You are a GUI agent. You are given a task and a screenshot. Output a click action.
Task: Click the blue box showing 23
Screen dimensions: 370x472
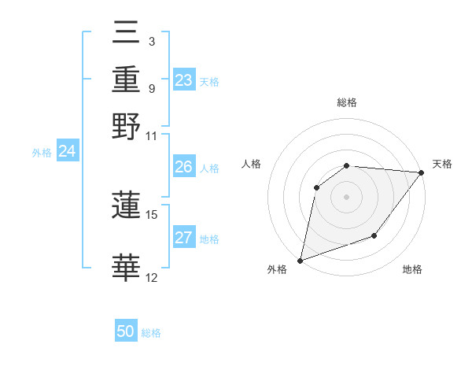[183, 80]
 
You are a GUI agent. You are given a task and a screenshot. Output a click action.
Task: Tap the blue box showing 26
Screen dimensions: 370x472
[183, 167]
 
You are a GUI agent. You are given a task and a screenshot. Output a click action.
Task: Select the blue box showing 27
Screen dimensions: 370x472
[183, 238]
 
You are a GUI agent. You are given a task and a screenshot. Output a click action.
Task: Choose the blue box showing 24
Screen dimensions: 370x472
[67, 151]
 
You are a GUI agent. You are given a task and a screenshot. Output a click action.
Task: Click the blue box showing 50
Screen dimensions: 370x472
[126, 331]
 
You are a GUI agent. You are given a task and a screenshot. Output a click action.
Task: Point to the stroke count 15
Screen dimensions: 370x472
[152, 214]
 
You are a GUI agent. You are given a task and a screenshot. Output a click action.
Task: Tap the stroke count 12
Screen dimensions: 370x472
[152, 277]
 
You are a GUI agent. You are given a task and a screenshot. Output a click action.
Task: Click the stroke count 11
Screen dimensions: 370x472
[152, 135]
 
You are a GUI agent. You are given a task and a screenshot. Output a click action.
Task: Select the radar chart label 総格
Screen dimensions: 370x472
[347, 102]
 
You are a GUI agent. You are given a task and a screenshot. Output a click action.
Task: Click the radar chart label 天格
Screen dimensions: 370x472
[442, 164]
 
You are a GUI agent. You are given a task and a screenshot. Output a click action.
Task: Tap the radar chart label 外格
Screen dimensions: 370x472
[277, 270]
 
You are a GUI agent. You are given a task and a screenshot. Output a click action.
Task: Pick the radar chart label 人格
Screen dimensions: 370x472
[252, 164]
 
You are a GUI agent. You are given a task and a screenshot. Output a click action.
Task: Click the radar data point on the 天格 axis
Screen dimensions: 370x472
[422, 173]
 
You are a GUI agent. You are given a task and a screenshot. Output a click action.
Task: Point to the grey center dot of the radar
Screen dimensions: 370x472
[347, 196]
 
